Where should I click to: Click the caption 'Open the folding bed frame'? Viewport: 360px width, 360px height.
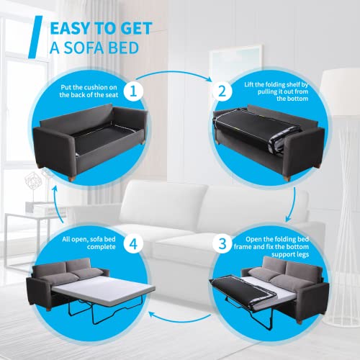click(x=277, y=245)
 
